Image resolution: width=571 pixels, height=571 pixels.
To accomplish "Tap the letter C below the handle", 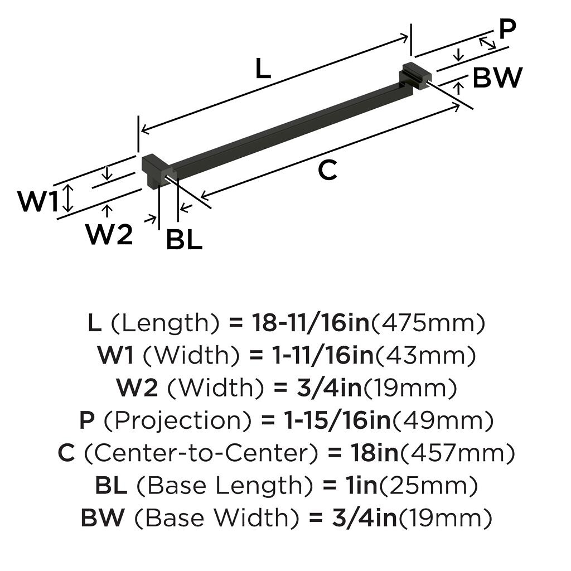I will click(327, 171).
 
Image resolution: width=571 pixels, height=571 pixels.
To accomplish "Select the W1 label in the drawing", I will click(38, 201).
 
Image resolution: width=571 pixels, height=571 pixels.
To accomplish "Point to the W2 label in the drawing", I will click(109, 235).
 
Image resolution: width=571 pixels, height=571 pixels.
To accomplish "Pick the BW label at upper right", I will click(497, 78).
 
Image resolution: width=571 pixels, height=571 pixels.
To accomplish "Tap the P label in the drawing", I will click(507, 30).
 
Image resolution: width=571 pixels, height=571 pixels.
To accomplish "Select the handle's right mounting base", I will click(415, 76).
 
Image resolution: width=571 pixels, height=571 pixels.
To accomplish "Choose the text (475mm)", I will click(428, 323).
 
